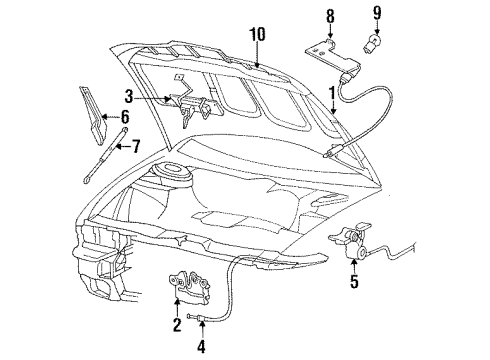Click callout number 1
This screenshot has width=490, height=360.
coord(332,94)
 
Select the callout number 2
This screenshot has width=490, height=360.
coord(177,325)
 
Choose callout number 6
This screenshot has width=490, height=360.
coord(126,115)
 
